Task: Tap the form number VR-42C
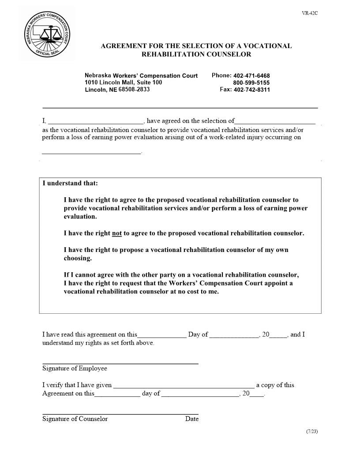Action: click(310, 13)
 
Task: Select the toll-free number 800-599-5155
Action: click(251, 83)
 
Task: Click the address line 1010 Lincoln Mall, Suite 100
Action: click(123, 83)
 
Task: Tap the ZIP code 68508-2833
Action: click(134, 90)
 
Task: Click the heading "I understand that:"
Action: click(70, 183)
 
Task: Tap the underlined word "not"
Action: click(117, 233)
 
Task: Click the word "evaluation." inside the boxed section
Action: click(80, 217)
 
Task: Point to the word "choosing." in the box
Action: click(78, 258)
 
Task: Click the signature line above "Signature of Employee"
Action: click(120, 363)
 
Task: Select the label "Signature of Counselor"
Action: click(75, 419)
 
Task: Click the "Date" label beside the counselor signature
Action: click(192, 419)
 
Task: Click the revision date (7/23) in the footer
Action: click(311, 431)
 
